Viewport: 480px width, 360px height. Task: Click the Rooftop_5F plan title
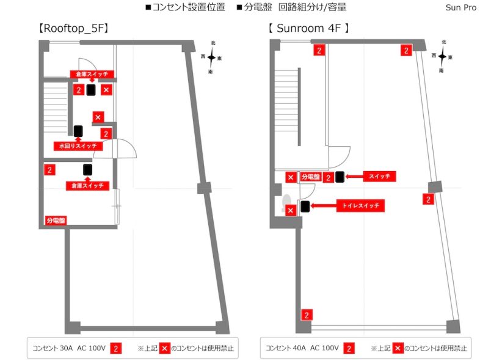click(73, 29)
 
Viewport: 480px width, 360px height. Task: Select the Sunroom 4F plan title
click(308, 29)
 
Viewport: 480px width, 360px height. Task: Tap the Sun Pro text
click(461, 7)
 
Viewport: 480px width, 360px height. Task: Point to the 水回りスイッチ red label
click(78, 146)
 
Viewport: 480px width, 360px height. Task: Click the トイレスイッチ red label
click(361, 205)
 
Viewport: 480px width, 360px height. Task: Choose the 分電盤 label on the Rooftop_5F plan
click(56, 220)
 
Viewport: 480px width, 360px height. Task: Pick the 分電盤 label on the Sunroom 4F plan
click(311, 177)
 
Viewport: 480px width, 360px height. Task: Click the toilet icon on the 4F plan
click(286, 202)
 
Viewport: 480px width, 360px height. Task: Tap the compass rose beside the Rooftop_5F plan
click(211, 57)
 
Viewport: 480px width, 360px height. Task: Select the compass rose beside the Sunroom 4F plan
click(442, 56)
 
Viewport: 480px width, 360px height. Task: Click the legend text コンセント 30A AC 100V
click(69, 348)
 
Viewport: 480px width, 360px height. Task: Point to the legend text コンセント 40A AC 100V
click(302, 348)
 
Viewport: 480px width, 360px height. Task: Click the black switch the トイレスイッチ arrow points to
click(305, 207)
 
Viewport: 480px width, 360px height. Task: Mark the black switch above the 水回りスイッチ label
click(78, 131)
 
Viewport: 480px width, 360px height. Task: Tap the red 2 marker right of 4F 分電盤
click(328, 177)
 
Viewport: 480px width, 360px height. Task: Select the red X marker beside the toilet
click(291, 210)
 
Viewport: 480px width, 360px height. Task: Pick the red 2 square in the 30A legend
click(115, 348)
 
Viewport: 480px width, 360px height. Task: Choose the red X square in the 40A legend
click(398, 348)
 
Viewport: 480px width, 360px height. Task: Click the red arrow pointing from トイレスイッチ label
click(323, 206)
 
